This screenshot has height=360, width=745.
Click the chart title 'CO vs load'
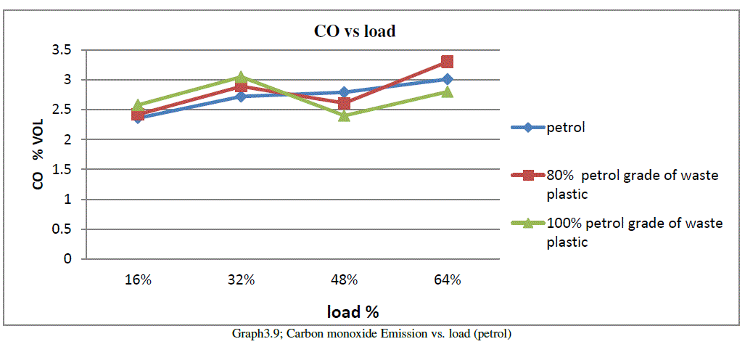[354, 31]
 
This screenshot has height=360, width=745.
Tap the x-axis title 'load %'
[353, 312]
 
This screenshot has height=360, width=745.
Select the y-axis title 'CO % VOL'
[38, 153]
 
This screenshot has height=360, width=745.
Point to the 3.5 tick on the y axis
[66, 50]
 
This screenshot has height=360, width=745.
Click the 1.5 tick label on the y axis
[66, 169]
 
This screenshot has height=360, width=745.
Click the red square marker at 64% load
[448, 62]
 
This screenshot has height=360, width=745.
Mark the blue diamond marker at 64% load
[448, 79]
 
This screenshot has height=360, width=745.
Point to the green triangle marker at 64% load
[448, 91]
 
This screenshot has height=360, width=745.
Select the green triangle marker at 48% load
[344, 115]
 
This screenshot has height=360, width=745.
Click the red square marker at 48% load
[344, 104]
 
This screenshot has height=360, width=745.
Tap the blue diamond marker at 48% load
[344, 92]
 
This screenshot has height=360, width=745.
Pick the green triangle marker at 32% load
[241, 77]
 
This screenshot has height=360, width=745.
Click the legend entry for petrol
[566, 128]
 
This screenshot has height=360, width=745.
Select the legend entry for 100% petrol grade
[624, 232]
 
